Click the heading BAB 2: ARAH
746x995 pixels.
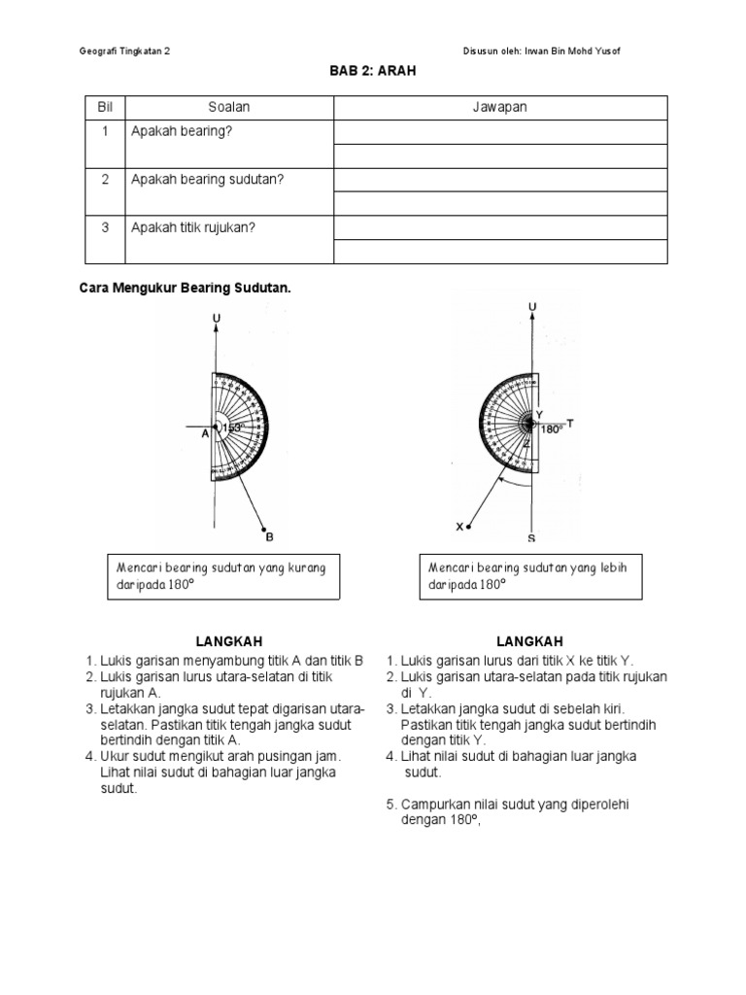click(x=373, y=72)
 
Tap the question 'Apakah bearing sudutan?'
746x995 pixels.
click(x=207, y=180)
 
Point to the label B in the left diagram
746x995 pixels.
click(x=270, y=535)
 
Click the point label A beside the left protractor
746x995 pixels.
click(x=205, y=435)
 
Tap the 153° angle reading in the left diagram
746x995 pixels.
click(x=231, y=427)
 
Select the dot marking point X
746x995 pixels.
click(x=469, y=527)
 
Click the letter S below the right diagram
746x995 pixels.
click(x=531, y=537)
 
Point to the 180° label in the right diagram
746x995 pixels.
click(x=552, y=429)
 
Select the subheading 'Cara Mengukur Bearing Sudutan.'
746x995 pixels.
click(x=185, y=289)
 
